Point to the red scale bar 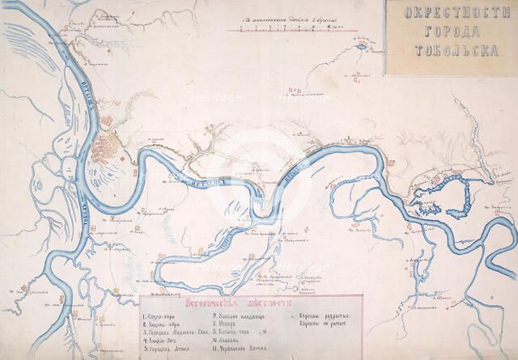pos(282,30)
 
